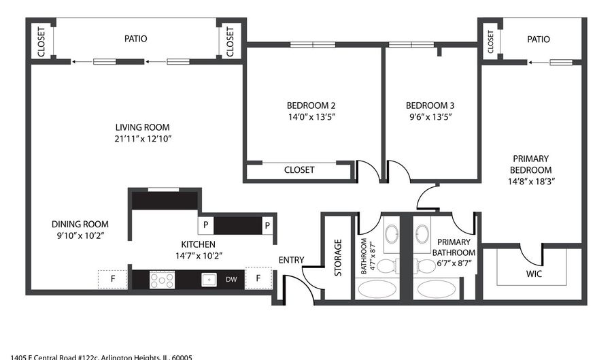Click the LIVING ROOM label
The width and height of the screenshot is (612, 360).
(142, 127)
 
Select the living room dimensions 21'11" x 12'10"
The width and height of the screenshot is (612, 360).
(142, 139)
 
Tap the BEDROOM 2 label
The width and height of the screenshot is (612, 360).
(311, 105)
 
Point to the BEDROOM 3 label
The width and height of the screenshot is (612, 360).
(430, 105)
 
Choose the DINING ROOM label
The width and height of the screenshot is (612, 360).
(80, 224)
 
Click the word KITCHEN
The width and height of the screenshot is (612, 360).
(198, 244)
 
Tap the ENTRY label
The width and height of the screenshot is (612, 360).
(291, 260)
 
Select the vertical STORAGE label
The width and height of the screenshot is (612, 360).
(337, 257)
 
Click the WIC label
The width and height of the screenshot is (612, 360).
(534, 275)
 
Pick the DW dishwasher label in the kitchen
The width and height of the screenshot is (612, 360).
(232, 279)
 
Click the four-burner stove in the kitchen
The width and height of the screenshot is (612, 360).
(162, 279)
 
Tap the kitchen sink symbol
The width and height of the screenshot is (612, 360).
(209, 279)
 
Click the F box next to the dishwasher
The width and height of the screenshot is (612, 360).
(258, 278)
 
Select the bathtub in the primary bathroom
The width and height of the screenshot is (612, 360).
(440, 289)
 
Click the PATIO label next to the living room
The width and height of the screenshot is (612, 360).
(135, 39)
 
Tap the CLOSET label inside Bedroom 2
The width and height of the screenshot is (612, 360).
(299, 170)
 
